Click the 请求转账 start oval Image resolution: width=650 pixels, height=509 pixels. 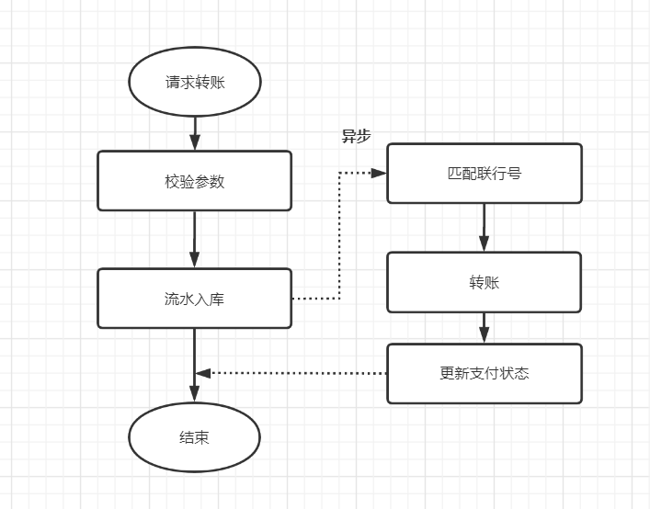click(x=195, y=82)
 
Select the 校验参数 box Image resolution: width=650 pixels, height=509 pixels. click(x=195, y=181)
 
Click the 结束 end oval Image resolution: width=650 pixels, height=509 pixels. click(x=195, y=437)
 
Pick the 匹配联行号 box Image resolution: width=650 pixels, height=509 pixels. click(x=484, y=173)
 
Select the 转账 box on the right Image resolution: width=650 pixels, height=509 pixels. click(x=484, y=282)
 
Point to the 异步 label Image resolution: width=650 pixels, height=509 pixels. click(x=356, y=136)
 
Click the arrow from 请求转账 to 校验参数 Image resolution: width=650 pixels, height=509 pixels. click(x=195, y=129)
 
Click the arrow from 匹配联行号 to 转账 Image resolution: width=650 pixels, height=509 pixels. click(x=484, y=225)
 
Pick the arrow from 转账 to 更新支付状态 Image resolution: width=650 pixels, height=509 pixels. click(x=484, y=326)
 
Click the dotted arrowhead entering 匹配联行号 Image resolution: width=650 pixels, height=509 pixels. click(x=378, y=173)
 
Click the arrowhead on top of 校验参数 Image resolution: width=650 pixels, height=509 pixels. click(x=195, y=143)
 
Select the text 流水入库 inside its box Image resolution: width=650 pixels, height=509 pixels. click(x=195, y=299)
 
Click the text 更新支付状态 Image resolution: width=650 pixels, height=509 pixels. click(x=484, y=374)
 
